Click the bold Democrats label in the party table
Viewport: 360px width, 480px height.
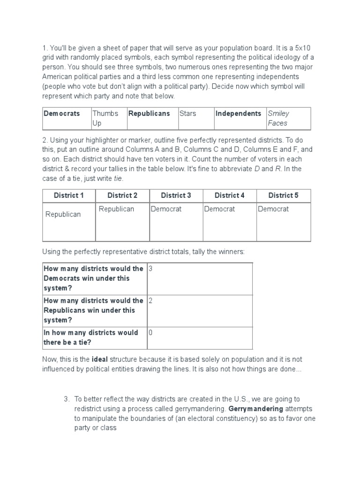point(61,113)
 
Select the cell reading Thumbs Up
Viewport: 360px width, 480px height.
point(103,118)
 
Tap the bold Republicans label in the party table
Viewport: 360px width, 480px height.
point(149,113)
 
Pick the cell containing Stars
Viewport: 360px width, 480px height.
point(187,113)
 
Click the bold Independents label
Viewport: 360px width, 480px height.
point(238,113)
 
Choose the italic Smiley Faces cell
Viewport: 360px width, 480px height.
point(278,118)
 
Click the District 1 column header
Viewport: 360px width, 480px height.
point(69,195)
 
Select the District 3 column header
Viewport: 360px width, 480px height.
point(176,195)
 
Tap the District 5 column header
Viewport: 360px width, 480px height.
point(283,195)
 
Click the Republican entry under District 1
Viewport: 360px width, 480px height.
point(63,214)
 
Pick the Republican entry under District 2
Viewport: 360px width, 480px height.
point(116,209)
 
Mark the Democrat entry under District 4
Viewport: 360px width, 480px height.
point(219,209)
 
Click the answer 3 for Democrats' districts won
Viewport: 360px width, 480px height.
point(150,269)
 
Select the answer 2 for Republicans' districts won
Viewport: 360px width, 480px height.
point(150,300)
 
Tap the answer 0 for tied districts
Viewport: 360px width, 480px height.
point(150,332)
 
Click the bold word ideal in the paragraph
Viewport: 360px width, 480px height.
point(100,360)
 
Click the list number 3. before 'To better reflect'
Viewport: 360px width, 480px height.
point(66,399)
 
